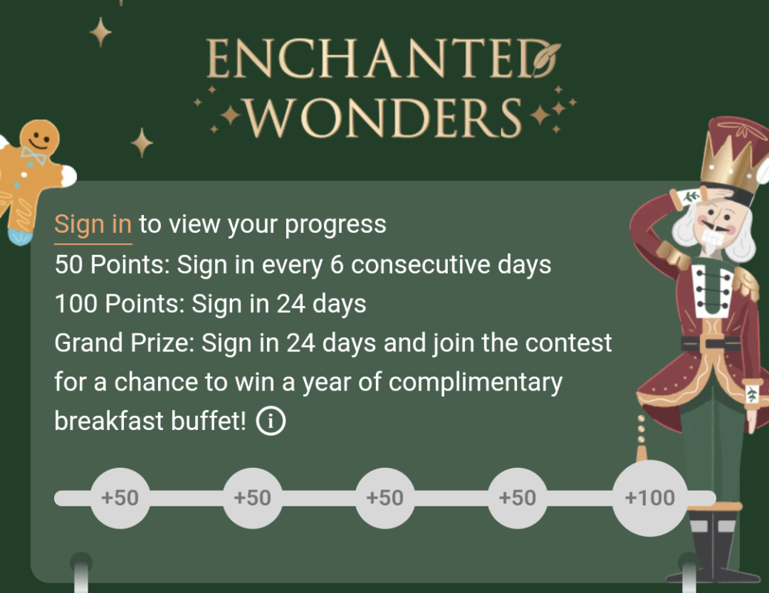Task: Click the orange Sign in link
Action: [93, 224]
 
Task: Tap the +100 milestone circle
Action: [650, 498]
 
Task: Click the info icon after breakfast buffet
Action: [271, 422]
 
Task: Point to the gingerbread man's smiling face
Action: [39, 138]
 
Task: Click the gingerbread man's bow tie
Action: [33, 156]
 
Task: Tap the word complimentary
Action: [475, 382]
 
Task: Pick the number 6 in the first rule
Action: [337, 265]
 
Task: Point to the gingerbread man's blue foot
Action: [21, 236]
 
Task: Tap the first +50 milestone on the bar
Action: [120, 498]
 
